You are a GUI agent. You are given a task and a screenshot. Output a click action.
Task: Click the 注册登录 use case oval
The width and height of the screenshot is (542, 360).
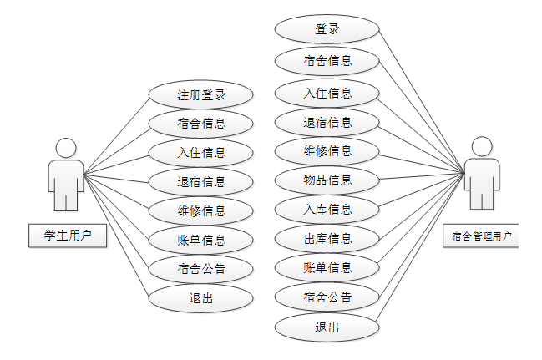click(x=200, y=94)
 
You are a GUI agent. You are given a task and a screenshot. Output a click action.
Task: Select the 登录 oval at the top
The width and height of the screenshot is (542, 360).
click(x=327, y=29)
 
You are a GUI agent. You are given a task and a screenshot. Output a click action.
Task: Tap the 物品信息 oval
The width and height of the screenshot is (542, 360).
click(x=327, y=180)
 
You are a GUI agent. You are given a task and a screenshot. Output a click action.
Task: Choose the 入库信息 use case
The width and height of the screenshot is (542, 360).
click(x=327, y=209)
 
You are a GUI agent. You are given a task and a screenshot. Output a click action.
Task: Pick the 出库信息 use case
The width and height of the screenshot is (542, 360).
click(x=327, y=239)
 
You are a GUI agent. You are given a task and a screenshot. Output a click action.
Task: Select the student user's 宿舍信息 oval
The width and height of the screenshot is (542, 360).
click(x=200, y=124)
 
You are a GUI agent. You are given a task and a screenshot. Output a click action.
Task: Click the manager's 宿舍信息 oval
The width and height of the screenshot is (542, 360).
click(x=327, y=60)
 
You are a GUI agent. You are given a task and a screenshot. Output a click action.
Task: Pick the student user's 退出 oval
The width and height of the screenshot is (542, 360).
click(x=200, y=298)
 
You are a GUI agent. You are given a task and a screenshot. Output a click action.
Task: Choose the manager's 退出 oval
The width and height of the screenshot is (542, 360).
click(x=327, y=327)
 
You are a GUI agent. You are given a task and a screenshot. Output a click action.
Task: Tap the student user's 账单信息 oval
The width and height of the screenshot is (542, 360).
click(x=200, y=241)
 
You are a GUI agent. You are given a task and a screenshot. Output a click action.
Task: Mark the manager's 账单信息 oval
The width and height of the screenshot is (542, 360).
click(x=327, y=268)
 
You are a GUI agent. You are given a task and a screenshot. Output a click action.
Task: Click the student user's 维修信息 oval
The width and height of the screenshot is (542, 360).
click(x=200, y=210)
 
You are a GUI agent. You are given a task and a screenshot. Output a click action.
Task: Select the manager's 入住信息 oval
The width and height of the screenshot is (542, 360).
click(x=327, y=92)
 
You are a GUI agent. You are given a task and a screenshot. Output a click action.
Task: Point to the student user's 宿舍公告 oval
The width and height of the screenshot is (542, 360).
click(x=200, y=269)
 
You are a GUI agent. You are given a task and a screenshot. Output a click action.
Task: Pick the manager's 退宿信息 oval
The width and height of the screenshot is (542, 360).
click(x=327, y=122)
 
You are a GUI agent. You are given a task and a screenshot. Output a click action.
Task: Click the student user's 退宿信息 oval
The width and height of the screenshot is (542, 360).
click(x=200, y=181)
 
